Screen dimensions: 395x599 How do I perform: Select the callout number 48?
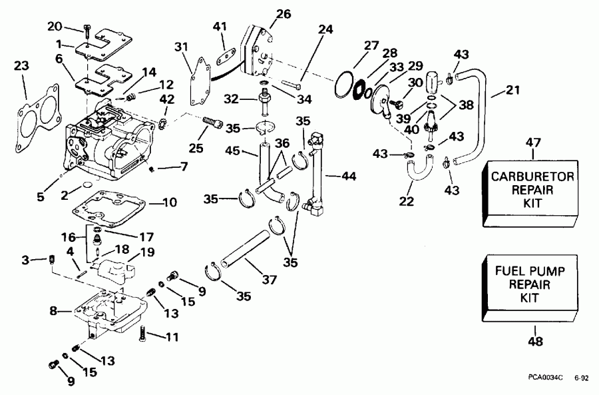[x=534, y=342]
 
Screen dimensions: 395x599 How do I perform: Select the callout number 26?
[x=265, y=13]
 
